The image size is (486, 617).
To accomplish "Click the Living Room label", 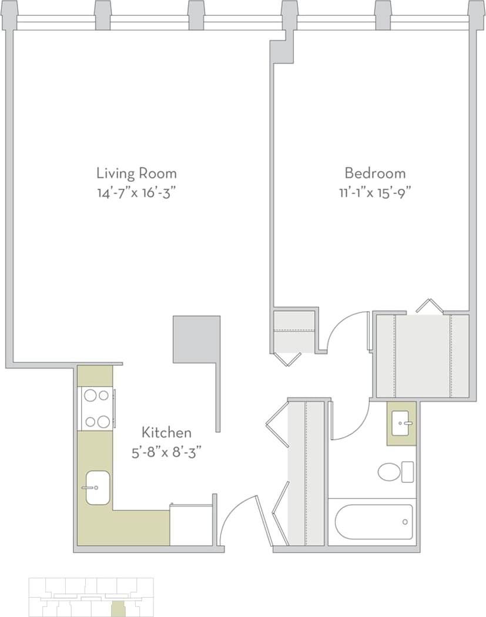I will coord(136,174).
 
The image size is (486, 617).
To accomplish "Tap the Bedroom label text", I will coord(375,174).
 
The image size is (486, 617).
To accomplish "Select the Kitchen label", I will coord(166,433).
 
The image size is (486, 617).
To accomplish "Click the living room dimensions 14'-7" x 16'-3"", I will coord(136,194).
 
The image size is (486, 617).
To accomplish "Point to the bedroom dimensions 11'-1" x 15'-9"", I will coord(375,194).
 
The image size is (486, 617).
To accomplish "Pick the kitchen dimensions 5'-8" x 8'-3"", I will coord(166,452).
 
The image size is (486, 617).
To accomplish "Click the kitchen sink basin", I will coord(98,488).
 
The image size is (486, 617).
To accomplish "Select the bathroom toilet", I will coord(395,472).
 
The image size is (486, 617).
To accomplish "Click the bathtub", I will coord(374,522).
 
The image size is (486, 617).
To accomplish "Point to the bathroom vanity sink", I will coord(401,423).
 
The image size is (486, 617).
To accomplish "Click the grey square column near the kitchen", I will coord(196,339).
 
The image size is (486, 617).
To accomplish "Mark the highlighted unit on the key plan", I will coord(118,609).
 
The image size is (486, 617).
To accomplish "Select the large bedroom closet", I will coord(423,356).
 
